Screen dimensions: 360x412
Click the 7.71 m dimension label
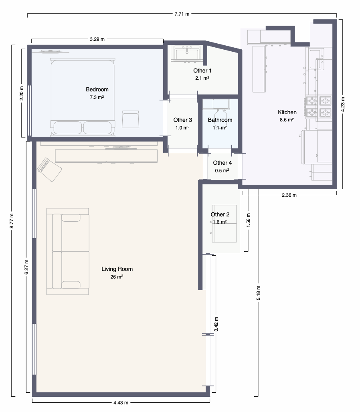click(x=182, y=14)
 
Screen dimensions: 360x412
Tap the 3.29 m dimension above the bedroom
click(x=97, y=39)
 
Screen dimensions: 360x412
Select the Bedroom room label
click(x=97, y=89)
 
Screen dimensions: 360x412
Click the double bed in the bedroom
click(x=83, y=97)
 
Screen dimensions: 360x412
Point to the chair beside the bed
click(x=131, y=119)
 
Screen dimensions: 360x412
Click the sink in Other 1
click(x=186, y=54)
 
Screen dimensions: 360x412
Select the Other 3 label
click(x=183, y=120)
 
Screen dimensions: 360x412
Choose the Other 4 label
click(x=222, y=163)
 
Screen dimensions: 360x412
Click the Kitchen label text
click(x=287, y=112)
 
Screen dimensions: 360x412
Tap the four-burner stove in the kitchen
click(x=318, y=106)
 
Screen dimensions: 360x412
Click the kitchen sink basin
click(x=316, y=59)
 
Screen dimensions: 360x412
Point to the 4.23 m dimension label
click(x=343, y=104)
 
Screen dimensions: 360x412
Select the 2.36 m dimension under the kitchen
click(x=289, y=195)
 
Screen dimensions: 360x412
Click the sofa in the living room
click(x=68, y=251)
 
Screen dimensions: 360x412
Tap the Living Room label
click(x=117, y=269)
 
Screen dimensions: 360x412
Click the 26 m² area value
click(x=117, y=277)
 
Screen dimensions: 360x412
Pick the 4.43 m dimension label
click(x=121, y=402)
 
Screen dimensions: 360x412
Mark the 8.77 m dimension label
click(x=12, y=221)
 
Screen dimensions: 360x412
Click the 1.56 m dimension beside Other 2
click(x=248, y=220)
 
